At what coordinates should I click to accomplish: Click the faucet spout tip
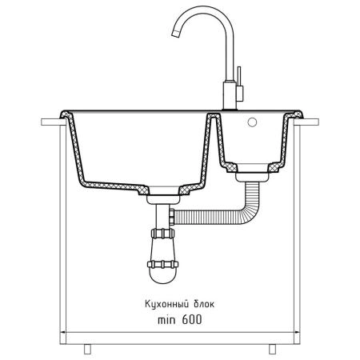(176, 34)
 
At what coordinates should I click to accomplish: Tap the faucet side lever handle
(239, 84)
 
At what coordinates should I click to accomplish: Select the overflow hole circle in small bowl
(252, 122)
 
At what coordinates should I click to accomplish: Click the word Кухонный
(163, 304)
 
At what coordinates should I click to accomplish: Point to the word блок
(204, 304)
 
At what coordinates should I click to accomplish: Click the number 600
(192, 319)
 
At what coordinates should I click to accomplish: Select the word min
(166, 320)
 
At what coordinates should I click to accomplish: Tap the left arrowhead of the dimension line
(63, 332)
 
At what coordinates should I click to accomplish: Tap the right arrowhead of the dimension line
(297, 332)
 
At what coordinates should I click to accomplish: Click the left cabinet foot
(87, 350)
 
